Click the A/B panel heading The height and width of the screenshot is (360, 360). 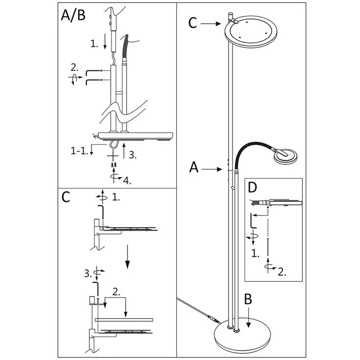coord(73,15)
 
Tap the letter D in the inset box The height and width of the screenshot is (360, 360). coord(253,188)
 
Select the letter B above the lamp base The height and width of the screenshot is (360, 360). coord(248,299)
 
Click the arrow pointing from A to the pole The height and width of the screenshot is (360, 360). coord(212,169)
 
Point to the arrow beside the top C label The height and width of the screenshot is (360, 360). coord(211,23)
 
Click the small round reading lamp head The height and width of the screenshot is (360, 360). coord(285,157)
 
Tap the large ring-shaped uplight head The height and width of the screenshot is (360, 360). coord(251,31)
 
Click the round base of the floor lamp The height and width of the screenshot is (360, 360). coord(242,333)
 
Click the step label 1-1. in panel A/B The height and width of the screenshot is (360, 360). coord(80,150)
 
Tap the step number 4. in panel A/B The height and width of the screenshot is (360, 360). coord(127,181)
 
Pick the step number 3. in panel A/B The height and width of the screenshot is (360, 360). coord(133,155)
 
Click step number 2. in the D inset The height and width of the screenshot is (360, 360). coord(282,272)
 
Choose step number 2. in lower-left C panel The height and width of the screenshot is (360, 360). coord(116,291)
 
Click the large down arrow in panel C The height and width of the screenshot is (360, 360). coord(127,256)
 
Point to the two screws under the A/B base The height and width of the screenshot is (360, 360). coord(114,165)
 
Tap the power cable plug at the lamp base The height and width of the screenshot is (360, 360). coord(212,318)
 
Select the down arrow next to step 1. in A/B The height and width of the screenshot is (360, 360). coord(105,42)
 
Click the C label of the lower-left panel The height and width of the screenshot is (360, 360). coord(65,197)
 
